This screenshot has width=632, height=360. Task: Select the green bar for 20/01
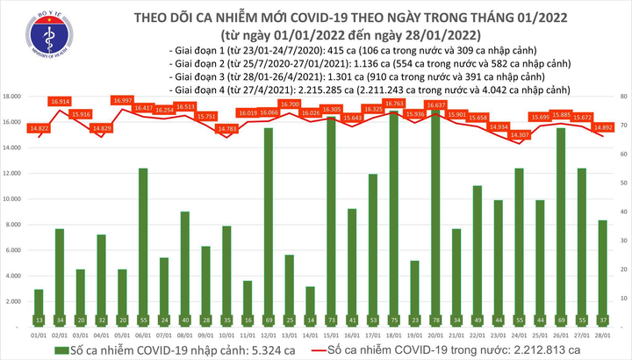pyautogui.click(x=461, y=220)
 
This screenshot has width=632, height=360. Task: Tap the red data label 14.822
pyautogui.click(x=39, y=128)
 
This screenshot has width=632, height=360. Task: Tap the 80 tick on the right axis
pyautogui.click(x=621, y=96)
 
